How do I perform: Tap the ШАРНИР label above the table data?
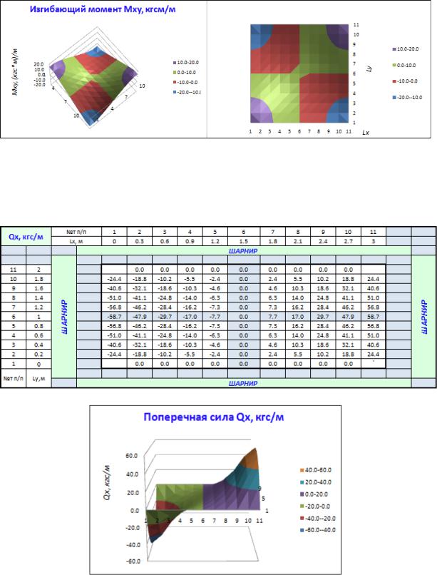tap(245, 251)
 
